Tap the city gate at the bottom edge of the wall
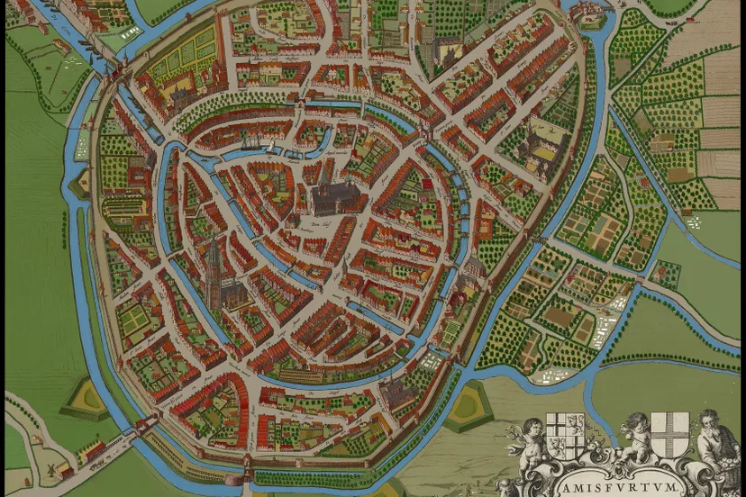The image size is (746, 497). tap(247, 467)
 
